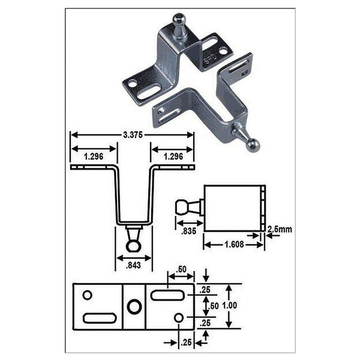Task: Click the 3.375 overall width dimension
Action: coord(132,135)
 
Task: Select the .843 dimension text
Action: coord(134,264)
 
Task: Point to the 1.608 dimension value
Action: coord(232,245)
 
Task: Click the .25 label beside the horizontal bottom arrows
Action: coord(186,343)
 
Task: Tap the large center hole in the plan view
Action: coord(134,307)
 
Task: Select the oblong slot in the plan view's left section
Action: coord(98,318)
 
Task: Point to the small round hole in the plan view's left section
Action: coord(87,295)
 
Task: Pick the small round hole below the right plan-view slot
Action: coord(179,317)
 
